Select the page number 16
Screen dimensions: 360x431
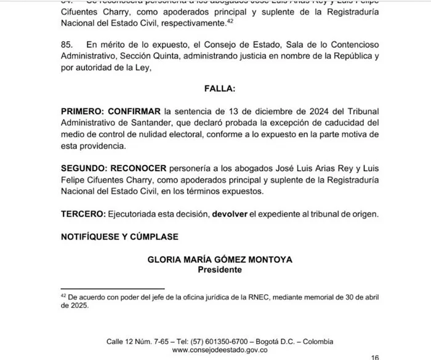(375, 356)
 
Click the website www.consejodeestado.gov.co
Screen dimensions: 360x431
(219, 350)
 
